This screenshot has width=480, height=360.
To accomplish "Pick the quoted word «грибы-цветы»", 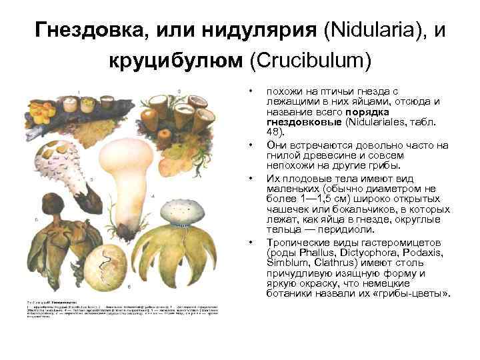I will click(x=415, y=293).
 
